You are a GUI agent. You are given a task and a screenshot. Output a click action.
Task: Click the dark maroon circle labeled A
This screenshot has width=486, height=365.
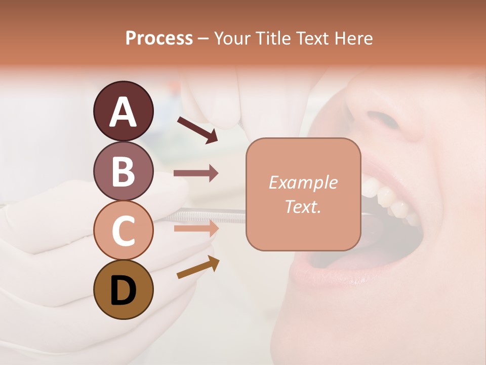pos(123,111)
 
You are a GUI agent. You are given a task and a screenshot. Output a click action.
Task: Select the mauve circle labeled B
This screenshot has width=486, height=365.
pos(123,171)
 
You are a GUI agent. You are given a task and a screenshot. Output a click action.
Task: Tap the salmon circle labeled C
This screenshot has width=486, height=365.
pos(123,230)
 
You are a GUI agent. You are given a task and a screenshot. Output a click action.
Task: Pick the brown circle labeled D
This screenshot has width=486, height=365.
pos(123,289)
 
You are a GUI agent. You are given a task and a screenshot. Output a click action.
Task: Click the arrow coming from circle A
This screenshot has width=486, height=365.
pos(197,130)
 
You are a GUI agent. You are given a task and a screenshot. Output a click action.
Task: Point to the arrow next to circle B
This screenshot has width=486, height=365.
pos(196,173)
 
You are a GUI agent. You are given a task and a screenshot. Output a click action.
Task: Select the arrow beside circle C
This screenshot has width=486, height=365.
pos(196,228)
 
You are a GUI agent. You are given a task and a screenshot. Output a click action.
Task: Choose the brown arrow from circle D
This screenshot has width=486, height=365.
pos(198,267)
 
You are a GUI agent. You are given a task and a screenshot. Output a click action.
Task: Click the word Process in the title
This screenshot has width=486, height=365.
pos(159,39)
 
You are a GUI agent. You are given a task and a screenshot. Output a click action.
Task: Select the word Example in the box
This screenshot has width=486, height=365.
pos(303,182)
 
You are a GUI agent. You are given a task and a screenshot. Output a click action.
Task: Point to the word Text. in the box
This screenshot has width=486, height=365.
pos(303,206)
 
